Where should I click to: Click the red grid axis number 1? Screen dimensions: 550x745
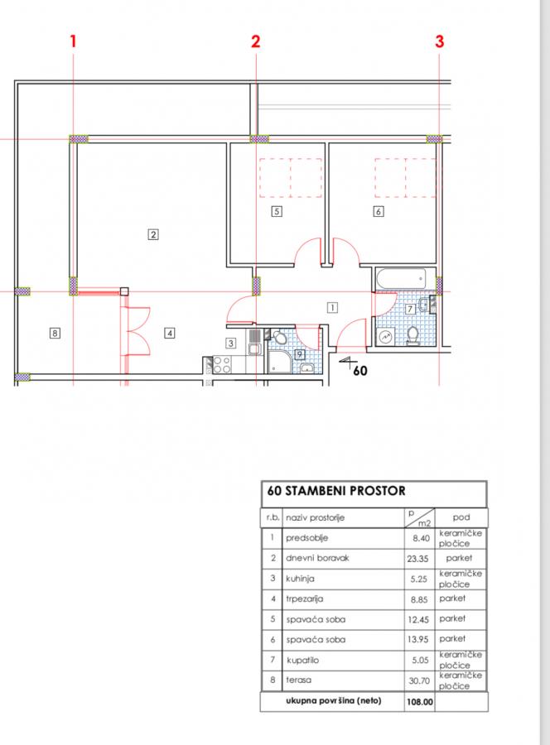point(73,41)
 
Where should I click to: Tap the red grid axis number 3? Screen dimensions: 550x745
point(440,41)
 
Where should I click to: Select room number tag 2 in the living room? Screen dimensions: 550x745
point(153,234)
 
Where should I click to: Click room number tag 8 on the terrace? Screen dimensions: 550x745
point(55,333)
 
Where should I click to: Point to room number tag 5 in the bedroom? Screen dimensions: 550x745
point(277,211)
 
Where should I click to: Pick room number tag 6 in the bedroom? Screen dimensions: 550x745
point(379,211)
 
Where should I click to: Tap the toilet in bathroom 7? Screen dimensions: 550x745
point(412,335)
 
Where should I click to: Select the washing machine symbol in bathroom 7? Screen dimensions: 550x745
point(385,336)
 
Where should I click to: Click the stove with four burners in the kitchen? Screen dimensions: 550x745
point(222,365)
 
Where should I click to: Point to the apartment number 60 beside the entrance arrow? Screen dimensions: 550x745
point(360,370)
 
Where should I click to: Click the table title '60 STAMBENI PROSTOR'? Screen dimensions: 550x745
point(336,491)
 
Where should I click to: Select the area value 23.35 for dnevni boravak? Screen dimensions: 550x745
point(417,559)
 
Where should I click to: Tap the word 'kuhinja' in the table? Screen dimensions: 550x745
point(300,579)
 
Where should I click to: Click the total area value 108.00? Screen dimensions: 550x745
point(420,702)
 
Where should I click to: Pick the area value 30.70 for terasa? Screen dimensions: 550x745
point(419,681)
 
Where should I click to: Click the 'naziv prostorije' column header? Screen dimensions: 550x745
point(315,518)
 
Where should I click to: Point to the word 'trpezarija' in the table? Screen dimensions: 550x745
point(305,599)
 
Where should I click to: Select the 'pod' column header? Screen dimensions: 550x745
point(461,517)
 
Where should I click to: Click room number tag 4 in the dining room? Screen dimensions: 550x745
point(170,333)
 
